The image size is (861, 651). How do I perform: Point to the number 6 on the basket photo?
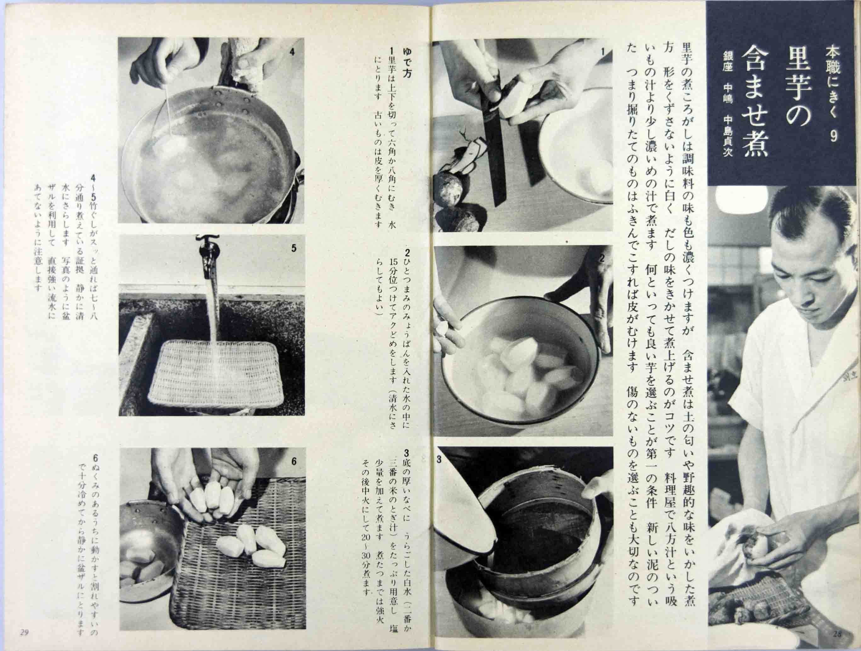(x=294, y=461)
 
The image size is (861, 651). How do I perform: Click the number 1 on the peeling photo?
(x=602, y=52)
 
